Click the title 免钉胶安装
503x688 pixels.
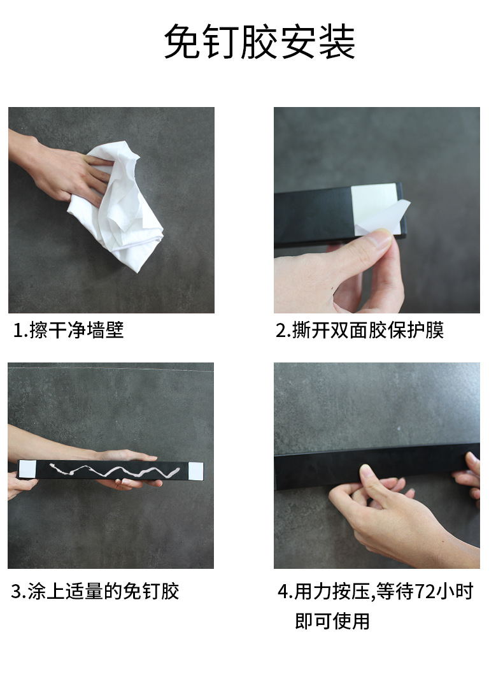259,43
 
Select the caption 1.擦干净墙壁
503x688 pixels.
69,330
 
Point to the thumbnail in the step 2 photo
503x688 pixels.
380,238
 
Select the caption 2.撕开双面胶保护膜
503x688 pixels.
359,330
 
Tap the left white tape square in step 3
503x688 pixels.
26,470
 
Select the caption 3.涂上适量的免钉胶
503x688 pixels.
95,591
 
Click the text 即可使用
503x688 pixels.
332,620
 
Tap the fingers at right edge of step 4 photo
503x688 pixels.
470,475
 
